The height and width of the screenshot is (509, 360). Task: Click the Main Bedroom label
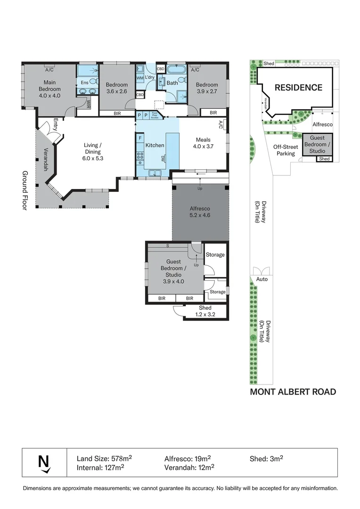point(49,85)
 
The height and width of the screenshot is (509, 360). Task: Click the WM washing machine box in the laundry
point(140,78)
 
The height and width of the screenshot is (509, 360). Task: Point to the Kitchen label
point(155,145)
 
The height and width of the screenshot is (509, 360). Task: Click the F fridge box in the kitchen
point(140,137)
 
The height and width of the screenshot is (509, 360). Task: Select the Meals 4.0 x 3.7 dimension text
point(203,147)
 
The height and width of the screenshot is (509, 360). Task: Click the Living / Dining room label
point(93,148)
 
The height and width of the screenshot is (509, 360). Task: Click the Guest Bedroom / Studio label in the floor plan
point(173,271)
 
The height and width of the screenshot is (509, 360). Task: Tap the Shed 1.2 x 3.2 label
point(205,312)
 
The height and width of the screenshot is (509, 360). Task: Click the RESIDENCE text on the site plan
point(298,88)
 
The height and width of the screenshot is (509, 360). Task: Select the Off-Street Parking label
point(286,150)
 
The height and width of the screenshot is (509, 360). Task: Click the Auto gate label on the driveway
point(262,279)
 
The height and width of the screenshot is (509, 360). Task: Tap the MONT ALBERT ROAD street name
point(293,392)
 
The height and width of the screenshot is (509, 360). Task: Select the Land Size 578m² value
point(104,458)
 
